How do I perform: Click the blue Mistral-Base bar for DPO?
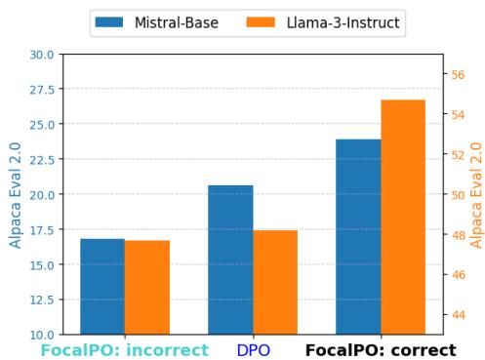(x=230, y=260)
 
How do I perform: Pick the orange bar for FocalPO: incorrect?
(x=147, y=287)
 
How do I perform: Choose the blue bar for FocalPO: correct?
(x=358, y=236)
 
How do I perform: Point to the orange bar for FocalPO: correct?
(x=403, y=217)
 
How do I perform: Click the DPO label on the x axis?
(x=253, y=349)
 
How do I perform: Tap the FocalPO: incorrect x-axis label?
(x=125, y=349)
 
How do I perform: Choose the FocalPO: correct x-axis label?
(x=381, y=349)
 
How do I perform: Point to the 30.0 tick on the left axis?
(x=42, y=55)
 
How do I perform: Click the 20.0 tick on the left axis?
(x=42, y=195)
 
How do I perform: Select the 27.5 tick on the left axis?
(x=42, y=90)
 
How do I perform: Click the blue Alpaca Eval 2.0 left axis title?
(x=16, y=195)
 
